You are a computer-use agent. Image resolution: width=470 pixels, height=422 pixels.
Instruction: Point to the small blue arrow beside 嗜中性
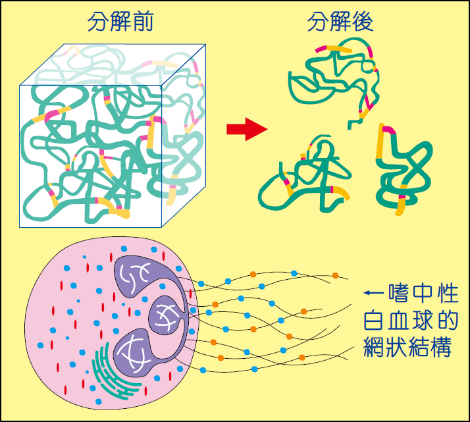coord(372,293)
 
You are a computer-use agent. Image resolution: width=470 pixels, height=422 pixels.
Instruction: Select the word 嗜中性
coord(424,293)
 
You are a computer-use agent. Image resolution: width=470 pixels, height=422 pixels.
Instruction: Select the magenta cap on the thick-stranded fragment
coord(387,129)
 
